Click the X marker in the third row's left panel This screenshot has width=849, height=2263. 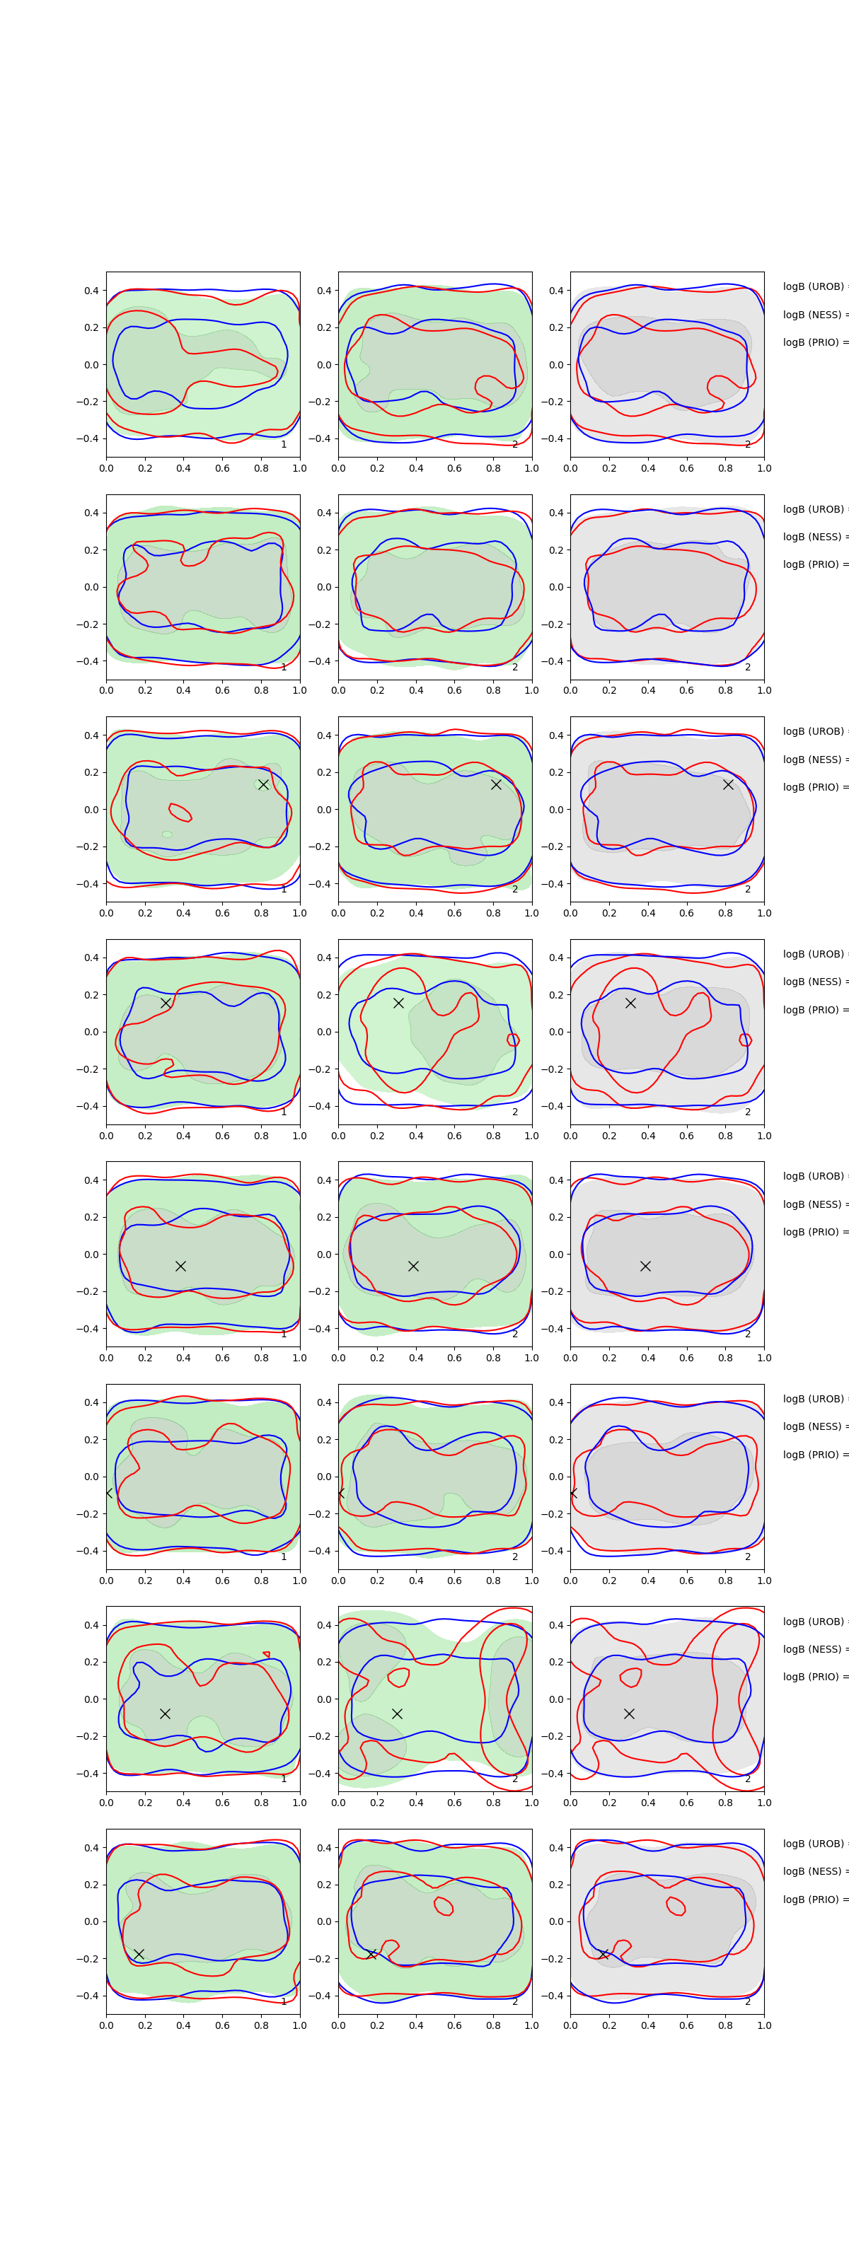[262, 784]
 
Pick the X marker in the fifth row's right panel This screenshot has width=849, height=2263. [645, 1266]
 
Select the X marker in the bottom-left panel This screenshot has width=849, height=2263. [139, 1954]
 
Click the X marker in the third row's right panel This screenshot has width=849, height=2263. [728, 784]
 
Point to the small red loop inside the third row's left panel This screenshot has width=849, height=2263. [179, 813]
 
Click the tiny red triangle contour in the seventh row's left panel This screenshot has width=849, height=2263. [266, 1655]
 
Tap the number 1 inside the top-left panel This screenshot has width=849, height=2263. [283, 445]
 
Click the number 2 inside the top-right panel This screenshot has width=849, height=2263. [748, 445]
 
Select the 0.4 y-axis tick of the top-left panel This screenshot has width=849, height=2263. [91, 291]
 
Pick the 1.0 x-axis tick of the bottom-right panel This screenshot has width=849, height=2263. [764, 2025]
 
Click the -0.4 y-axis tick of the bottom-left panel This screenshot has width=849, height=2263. [88, 1996]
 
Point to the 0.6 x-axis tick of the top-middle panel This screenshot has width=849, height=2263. [454, 468]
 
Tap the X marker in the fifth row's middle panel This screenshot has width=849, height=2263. [413, 1266]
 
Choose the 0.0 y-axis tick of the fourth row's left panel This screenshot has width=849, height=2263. [91, 1032]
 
